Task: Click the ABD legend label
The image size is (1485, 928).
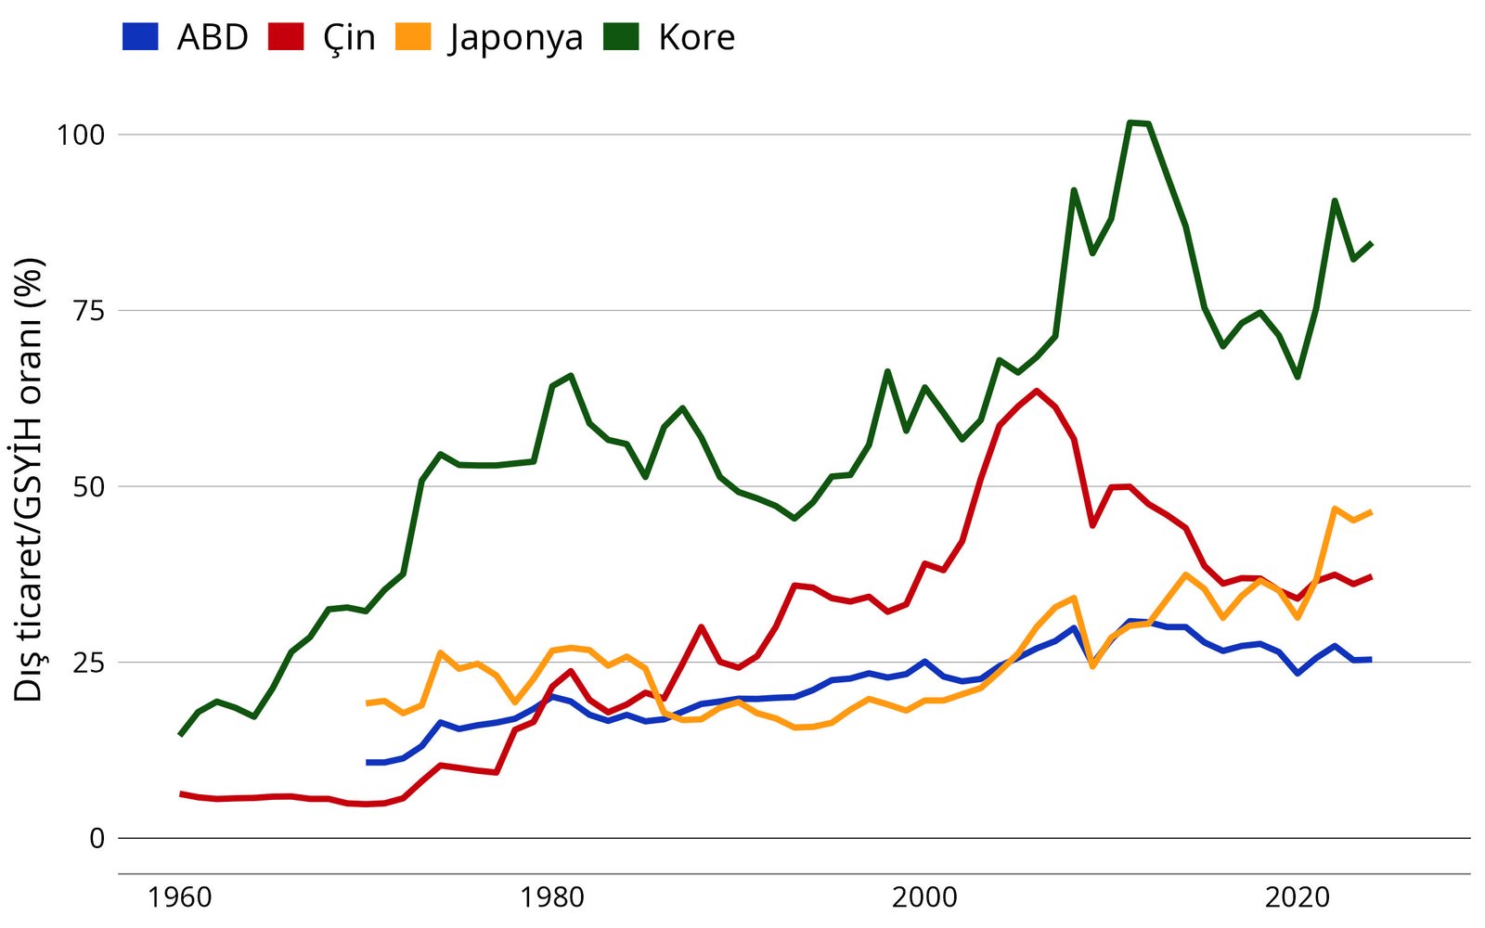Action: [x=213, y=37]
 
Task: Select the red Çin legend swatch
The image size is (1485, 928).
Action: [x=286, y=37]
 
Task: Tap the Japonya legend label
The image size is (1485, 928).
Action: [x=516, y=37]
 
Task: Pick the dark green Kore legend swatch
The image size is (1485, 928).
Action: [x=621, y=37]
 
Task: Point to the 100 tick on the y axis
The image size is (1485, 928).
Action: [x=81, y=135]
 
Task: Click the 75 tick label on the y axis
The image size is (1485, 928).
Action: [x=88, y=311]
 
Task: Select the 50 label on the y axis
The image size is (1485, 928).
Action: [x=88, y=486]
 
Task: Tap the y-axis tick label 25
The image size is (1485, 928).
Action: [x=88, y=663]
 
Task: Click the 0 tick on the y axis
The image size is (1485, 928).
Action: [x=97, y=838]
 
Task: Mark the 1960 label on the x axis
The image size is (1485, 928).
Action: [x=180, y=897]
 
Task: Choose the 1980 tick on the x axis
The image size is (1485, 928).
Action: [x=552, y=897]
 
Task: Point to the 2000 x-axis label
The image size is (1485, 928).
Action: [x=924, y=897]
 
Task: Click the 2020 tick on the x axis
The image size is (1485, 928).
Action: [x=1298, y=897]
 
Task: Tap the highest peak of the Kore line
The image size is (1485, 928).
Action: [x=1130, y=122]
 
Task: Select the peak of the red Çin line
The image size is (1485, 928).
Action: [x=1037, y=391]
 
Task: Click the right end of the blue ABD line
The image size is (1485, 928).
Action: [x=1371, y=659]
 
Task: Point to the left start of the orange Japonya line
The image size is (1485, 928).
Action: [x=368, y=703]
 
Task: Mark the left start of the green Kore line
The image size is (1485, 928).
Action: [x=180, y=735]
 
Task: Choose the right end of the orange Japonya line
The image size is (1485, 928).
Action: [x=1371, y=511]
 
